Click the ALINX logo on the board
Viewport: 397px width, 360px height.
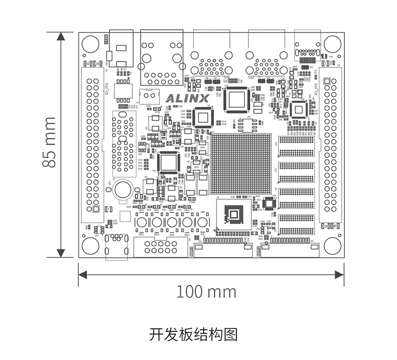pyautogui.click(x=187, y=98)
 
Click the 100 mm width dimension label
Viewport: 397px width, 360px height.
pyautogui.click(x=206, y=291)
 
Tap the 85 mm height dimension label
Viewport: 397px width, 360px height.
pyautogui.click(x=49, y=142)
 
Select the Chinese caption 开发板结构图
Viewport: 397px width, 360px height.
pyautogui.click(x=193, y=334)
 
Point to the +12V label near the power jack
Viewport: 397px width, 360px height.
pyautogui.click(x=106, y=38)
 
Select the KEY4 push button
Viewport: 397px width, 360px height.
pyautogui.click(x=187, y=222)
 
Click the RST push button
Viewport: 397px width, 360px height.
pyautogui.click(x=202, y=222)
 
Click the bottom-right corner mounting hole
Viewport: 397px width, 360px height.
pyautogui.click(x=332, y=246)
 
